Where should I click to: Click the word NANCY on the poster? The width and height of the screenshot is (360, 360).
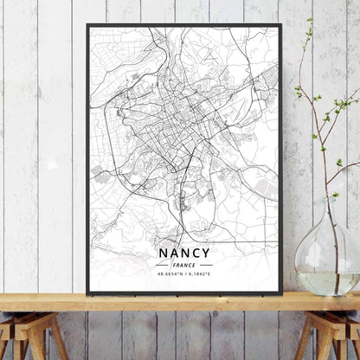click(183, 254)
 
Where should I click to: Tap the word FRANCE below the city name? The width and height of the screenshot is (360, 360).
click(183, 265)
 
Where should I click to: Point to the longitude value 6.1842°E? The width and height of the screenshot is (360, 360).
click(199, 274)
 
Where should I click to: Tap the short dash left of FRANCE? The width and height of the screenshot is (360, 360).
click(162, 265)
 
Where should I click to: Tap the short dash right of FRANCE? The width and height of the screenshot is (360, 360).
click(205, 265)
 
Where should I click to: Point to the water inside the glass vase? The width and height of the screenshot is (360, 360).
click(326, 282)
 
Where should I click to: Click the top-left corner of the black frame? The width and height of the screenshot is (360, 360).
click(88, 25)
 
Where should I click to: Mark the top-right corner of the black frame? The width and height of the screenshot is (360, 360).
click(280, 25)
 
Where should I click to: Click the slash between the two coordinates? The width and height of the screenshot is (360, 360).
click(183, 274)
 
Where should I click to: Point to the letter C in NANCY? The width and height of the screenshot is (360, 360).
click(196, 254)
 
